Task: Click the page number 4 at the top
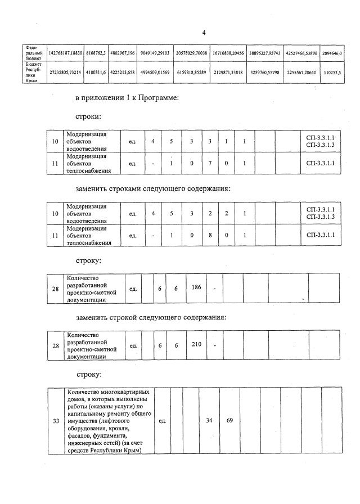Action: [204, 33]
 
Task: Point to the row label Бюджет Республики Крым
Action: [32, 73]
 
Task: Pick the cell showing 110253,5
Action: [332, 73]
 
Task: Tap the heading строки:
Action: [89, 117]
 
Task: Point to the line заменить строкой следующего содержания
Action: [151, 317]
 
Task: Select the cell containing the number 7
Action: [209, 164]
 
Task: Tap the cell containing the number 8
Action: [209, 235]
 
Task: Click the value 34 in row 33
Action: [209, 420]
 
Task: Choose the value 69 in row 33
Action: [229, 420]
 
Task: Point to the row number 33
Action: [56, 420]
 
